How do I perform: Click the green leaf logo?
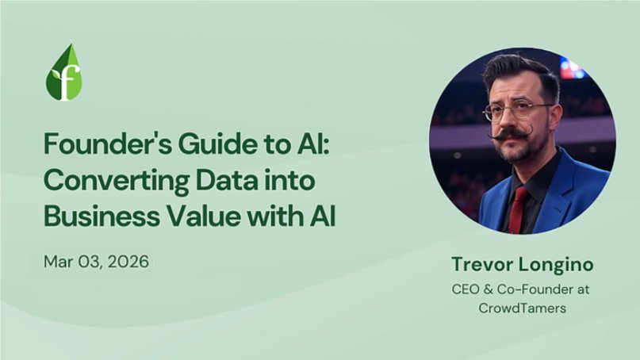[x=63, y=73]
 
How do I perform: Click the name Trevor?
[x=480, y=263]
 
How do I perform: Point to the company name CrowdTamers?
[x=523, y=308]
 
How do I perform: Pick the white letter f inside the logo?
[x=65, y=81]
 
